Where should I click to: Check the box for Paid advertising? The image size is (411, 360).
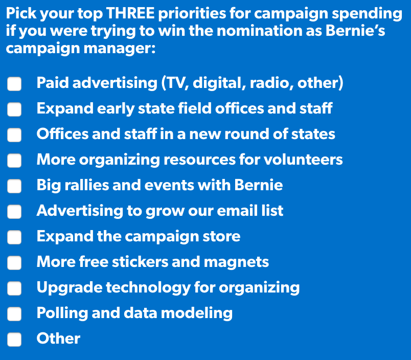click(14, 83)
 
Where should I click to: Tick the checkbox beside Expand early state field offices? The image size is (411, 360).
click(14, 109)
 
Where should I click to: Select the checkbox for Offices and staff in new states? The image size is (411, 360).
click(14, 134)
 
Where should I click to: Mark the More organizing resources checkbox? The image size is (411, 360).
click(14, 160)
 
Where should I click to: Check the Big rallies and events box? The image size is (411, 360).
click(14, 186)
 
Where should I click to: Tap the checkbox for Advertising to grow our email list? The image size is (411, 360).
click(14, 211)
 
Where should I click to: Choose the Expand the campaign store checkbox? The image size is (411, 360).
click(14, 237)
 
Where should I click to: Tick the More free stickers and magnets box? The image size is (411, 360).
click(14, 262)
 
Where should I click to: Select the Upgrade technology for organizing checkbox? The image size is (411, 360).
click(14, 288)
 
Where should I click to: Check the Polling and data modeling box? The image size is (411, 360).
click(14, 313)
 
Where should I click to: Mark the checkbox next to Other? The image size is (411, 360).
click(14, 339)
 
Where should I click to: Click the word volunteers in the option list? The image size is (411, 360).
click(306, 160)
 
